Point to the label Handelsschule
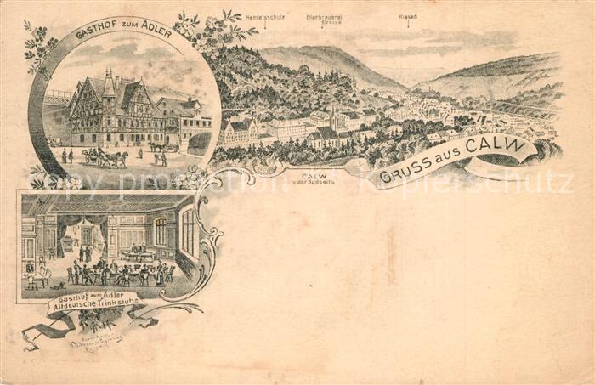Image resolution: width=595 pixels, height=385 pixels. pyautogui.click(x=265, y=17)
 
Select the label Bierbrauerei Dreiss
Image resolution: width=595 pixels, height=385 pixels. pyautogui.click(x=324, y=18)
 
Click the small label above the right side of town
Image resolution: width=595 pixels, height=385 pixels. pyautogui.click(x=408, y=16)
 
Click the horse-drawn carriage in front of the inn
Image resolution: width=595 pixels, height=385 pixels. pyautogui.click(x=105, y=157)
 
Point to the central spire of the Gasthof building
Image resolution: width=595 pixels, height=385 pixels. pyautogui.click(x=108, y=82)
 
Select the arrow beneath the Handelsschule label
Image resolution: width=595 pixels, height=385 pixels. pyautogui.click(x=265, y=25)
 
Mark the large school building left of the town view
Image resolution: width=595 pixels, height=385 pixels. pyautogui.click(x=239, y=131)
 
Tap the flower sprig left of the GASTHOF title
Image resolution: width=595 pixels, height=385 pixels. pyautogui.click(x=38, y=47)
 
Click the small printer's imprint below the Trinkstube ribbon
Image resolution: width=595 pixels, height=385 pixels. pyautogui.click(x=95, y=339)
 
